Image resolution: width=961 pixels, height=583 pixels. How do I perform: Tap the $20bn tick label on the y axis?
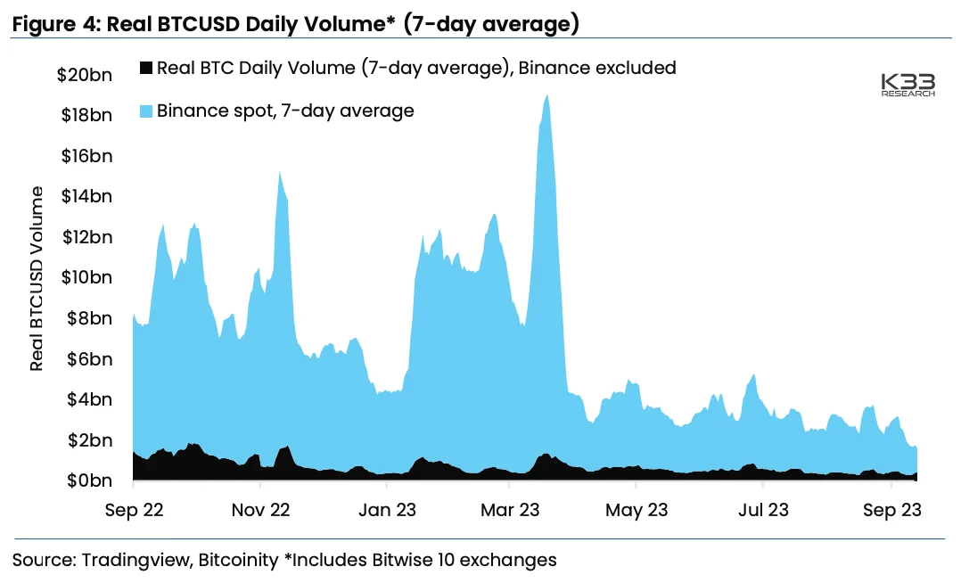(85, 75)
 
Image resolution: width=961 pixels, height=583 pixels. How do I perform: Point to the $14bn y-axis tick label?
(86, 196)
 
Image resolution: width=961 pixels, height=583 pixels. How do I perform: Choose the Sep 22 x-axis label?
(133, 511)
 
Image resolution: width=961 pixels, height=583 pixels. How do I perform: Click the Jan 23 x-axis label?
(387, 511)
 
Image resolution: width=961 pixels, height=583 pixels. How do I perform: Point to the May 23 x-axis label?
(636, 511)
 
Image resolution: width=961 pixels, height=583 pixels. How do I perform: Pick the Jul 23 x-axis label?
(763, 511)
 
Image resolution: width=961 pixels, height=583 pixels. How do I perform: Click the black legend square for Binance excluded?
(144, 68)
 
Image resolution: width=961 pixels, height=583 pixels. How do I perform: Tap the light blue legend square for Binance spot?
(144, 111)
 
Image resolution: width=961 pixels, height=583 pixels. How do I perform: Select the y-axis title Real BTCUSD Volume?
(37, 279)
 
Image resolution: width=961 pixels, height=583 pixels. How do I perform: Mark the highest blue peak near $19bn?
(546, 96)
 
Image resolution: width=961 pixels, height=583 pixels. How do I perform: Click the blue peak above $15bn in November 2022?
(280, 173)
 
